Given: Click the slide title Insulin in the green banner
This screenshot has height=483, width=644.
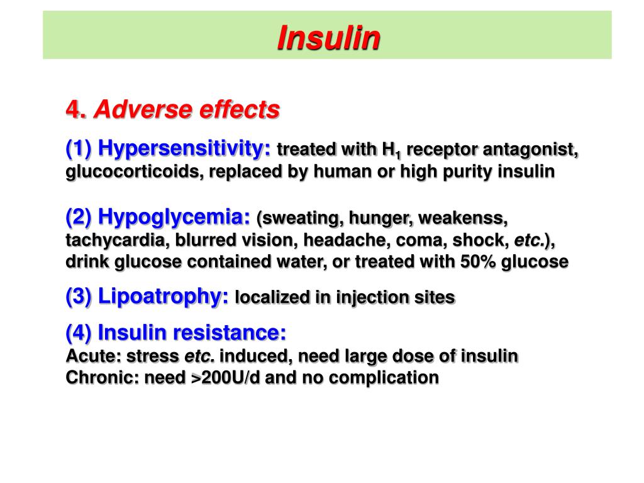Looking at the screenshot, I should [328, 38].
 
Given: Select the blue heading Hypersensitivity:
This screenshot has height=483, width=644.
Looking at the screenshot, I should [184, 149].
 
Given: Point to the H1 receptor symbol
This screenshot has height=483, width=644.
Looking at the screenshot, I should [391, 151].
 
